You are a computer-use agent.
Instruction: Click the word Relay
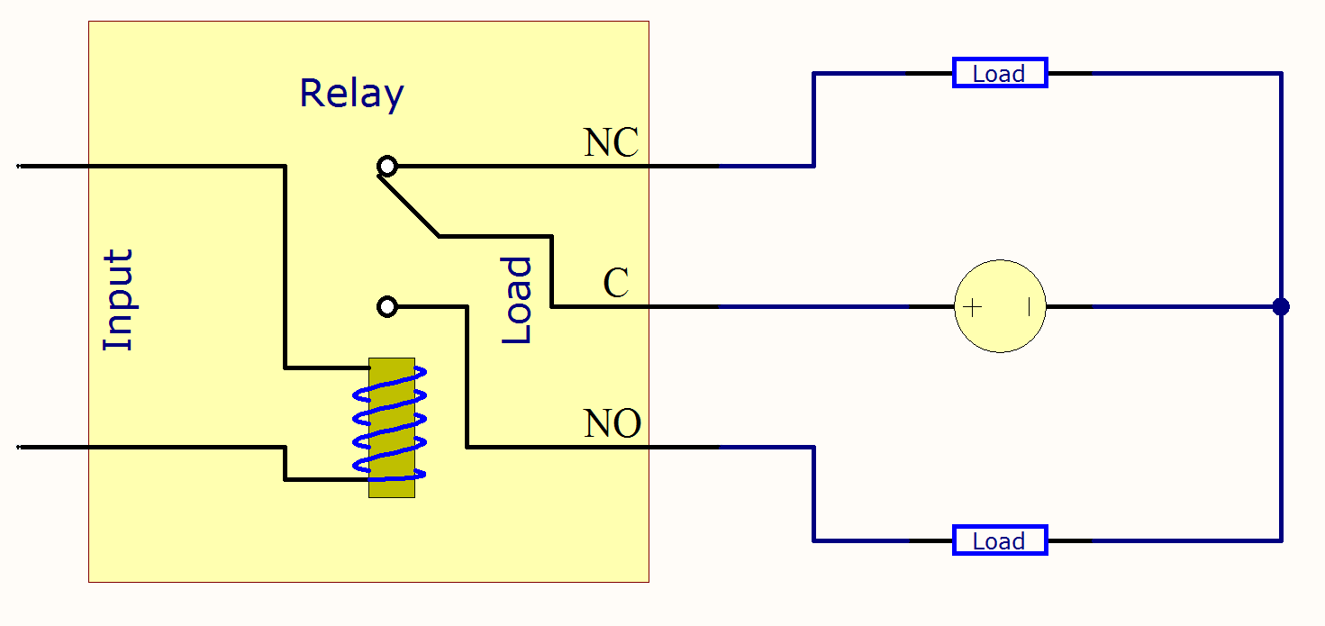tap(351, 95)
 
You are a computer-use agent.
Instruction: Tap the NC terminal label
tap(611, 143)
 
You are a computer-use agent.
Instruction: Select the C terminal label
tap(616, 284)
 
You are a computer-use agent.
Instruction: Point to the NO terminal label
tap(613, 423)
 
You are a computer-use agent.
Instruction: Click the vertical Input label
tap(119, 300)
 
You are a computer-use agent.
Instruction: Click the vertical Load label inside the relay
tap(517, 300)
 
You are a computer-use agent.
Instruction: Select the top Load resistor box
tap(1000, 74)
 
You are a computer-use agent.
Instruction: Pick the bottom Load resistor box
tap(1000, 541)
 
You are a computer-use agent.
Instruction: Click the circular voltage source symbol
tap(1000, 307)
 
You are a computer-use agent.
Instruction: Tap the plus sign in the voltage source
tap(973, 307)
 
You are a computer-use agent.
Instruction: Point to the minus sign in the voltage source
tap(1028, 307)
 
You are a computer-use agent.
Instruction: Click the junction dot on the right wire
tap(1281, 307)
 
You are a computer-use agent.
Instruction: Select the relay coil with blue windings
tap(392, 428)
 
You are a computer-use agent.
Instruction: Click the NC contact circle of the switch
tap(387, 167)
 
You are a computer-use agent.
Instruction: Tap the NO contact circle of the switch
tap(387, 307)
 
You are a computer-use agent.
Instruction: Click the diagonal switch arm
tap(409, 206)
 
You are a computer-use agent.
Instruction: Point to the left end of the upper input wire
tap(20, 167)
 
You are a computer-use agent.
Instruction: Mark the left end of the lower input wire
tap(20, 447)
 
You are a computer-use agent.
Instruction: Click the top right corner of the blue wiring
tap(1281, 74)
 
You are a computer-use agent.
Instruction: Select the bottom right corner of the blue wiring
tap(1281, 541)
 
